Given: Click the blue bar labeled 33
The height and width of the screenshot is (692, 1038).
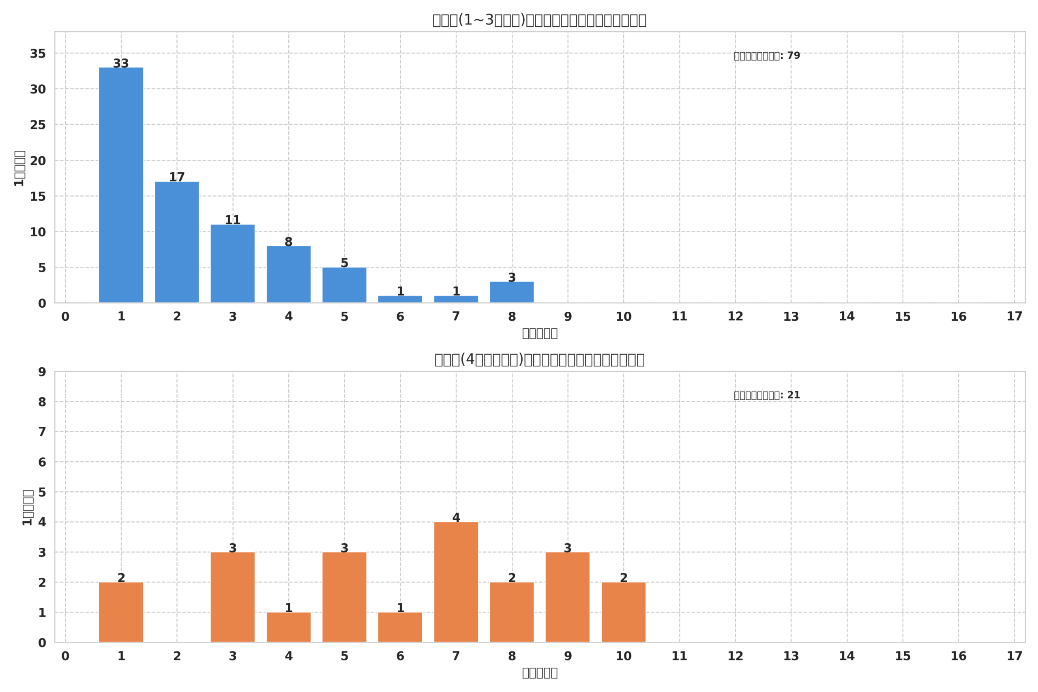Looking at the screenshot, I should [121, 185].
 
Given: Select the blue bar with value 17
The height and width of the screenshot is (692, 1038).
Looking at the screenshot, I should [177, 242].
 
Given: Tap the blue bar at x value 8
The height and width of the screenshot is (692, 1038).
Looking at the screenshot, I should [512, 292].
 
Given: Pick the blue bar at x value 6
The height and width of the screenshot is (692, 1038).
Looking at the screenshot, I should [400, 299].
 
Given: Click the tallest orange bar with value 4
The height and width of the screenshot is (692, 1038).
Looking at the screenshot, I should [456, 582].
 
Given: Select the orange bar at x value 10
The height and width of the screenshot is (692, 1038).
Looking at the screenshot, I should [623, 612].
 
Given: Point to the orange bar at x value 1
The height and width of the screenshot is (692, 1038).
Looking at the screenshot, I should [121, 612].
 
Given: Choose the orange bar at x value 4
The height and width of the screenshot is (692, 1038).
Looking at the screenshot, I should [289, 627].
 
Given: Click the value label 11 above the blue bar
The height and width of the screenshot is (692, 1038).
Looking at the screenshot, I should [233, 220].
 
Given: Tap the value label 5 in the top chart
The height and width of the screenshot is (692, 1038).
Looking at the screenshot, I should [344, 263].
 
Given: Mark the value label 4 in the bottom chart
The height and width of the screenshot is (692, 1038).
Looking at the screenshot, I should [456, 517].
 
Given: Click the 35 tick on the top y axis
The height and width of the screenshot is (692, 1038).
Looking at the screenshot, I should [38, 54].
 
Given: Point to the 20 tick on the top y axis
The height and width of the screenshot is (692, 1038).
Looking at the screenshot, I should [38, 161].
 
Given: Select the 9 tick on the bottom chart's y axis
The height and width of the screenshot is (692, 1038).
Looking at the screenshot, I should [42, 372].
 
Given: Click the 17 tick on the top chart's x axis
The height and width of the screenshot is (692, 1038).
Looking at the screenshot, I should [1014, 317].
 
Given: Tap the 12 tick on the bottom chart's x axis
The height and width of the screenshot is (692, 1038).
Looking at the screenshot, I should [735, 656].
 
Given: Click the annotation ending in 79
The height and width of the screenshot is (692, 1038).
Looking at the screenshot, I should [767, 56].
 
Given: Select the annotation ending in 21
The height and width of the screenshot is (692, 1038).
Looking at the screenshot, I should [767, 395].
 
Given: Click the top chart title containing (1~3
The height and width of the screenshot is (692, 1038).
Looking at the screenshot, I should [539, 20].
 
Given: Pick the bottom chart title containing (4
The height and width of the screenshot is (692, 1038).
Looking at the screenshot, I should [539, 360].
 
